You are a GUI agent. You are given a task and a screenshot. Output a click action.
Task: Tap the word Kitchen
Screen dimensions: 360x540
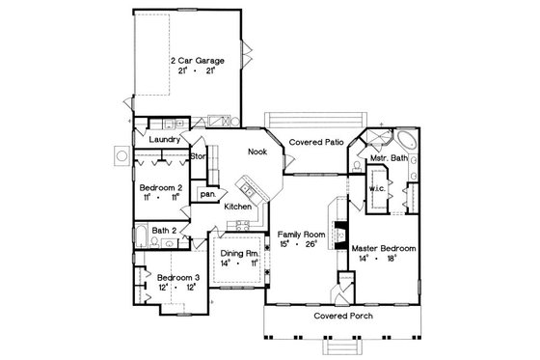point(239,207)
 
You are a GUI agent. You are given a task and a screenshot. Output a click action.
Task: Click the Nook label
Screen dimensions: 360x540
point(256,152)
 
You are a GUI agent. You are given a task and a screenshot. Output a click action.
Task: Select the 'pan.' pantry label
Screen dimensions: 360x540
point(207,193)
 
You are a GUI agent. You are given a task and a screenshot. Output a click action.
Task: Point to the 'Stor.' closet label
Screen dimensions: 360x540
point(198,155)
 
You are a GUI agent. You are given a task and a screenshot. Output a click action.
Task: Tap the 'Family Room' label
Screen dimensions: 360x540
point(300,235)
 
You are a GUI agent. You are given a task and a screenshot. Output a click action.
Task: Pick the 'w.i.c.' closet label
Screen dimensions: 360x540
point(376,189)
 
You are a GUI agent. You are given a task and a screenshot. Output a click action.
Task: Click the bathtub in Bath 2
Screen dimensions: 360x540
point(140,235)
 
